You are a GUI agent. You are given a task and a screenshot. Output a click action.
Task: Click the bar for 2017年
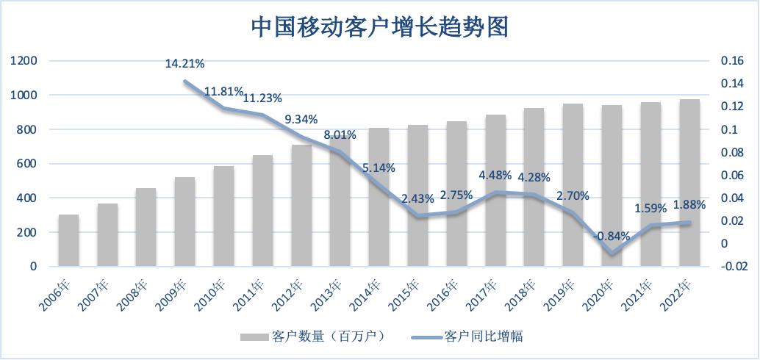click(x=495, y=190)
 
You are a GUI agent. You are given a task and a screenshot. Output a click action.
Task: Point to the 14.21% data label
click(x=184, y=64)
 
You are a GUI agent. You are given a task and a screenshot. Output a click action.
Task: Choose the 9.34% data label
click(x=301, y=118)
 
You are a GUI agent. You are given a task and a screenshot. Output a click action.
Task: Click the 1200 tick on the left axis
click(x=24, y=61)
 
